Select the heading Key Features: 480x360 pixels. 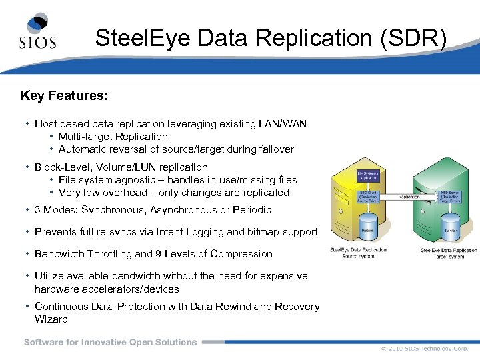tap(64, 96)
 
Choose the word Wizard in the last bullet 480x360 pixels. tap(51, 319)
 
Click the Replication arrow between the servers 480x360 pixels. tap(409, 198)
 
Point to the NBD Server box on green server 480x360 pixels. tap(451, 197)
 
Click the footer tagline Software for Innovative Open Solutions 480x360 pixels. tap(111, 342)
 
